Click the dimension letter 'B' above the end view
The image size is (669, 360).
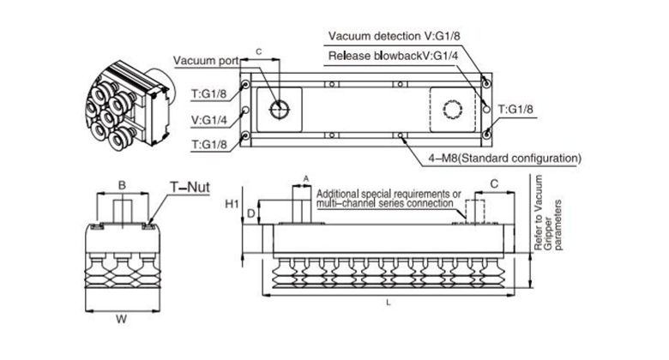point(122,185)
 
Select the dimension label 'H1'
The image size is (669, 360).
point(231,204)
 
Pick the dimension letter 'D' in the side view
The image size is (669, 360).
point(250,211)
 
